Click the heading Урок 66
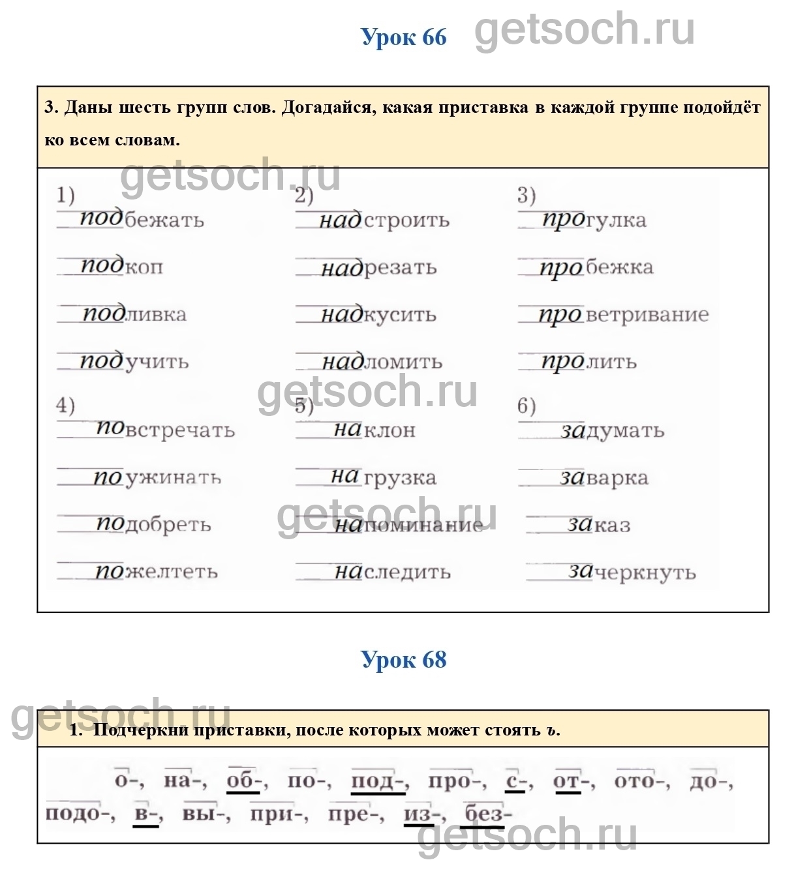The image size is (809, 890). point(403,37)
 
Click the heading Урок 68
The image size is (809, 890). point(403,660)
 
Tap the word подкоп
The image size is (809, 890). point(121,267)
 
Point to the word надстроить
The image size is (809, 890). point(384,220)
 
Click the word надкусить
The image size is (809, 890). point(378,315)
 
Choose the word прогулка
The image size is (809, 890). point(594,220)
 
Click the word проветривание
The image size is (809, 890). point(623,315)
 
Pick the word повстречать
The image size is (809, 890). point(165,430)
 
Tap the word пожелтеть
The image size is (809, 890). point(157,572)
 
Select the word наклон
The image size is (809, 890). point(374,430)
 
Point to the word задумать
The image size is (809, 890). point(612,430)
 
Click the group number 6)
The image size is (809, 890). point(526,406)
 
